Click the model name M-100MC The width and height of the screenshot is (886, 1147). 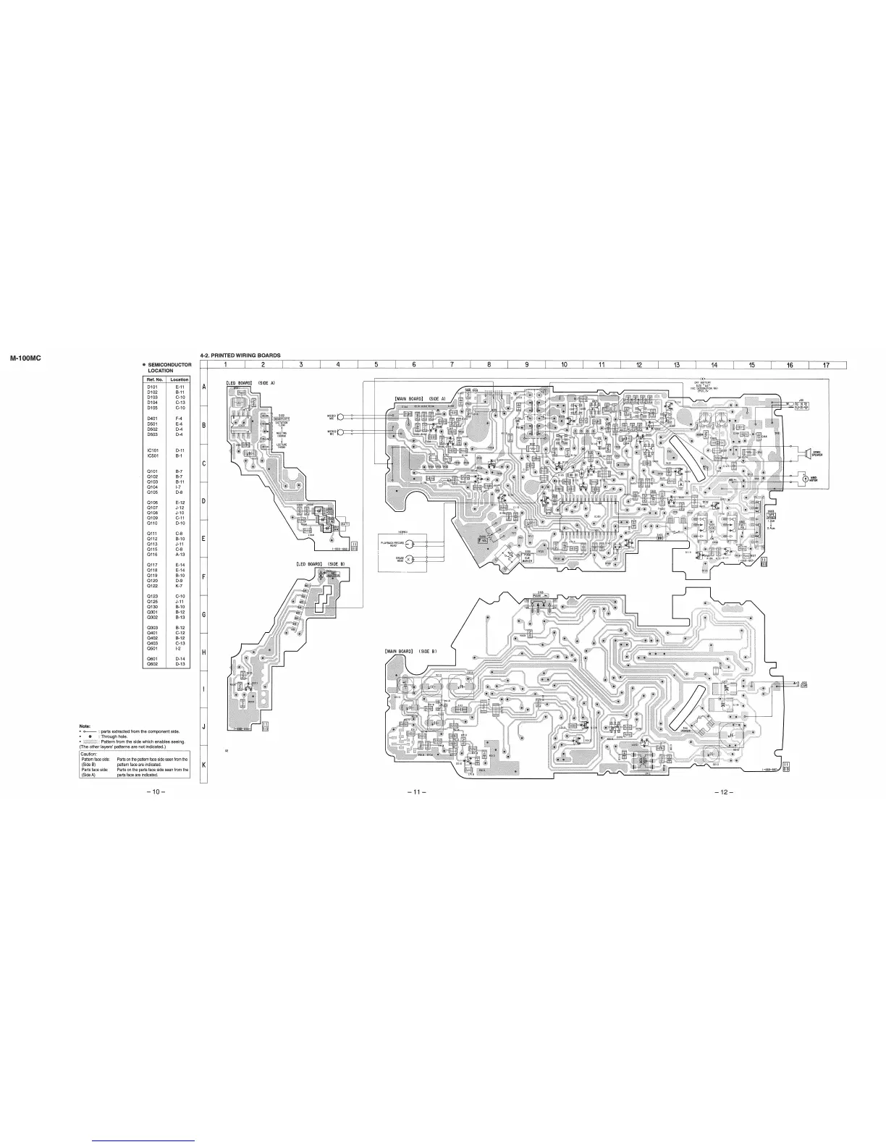point(26,358)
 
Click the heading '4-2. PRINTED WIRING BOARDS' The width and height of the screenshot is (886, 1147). point(240,356)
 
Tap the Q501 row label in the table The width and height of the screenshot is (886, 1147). point(152,650)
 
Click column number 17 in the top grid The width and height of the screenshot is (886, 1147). point(827,364)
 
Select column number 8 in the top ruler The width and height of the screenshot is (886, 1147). point(489,364)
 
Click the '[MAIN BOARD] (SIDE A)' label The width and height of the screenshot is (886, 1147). point(419,399)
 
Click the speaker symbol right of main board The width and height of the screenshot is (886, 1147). point(803,453)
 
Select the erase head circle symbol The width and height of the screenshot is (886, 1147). point(410,560)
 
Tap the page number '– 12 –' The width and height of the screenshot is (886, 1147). point(724,791)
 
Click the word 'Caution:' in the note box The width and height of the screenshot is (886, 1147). point(88,753)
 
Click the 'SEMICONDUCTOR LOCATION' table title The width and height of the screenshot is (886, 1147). point(169,367)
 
